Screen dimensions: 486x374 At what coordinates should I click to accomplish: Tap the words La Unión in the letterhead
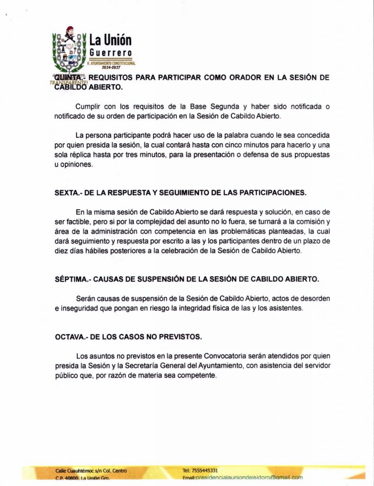[x=110, y=40]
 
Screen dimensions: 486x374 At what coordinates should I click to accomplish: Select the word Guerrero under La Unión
[x=110, y=52]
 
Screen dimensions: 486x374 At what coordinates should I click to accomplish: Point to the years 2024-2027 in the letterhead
[x=111, y=67]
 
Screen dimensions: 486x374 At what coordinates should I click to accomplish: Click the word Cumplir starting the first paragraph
[x=88, y=106]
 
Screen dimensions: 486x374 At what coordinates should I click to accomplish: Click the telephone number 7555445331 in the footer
[x=204, y=470]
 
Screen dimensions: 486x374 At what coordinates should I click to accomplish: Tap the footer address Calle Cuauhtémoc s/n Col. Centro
[x=91, y=470]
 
